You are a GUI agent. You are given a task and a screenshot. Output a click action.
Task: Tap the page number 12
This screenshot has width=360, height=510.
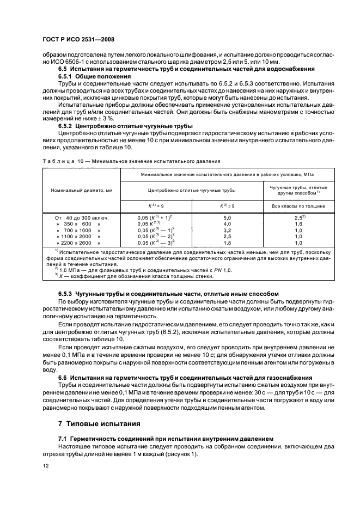pyautogui.click(x=46, y=465)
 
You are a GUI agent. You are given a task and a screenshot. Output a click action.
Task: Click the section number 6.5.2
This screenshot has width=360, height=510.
pyautogui.click(x=66, y=125)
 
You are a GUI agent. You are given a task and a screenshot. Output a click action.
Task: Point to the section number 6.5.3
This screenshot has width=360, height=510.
pyautogui.click(x=66, y=293)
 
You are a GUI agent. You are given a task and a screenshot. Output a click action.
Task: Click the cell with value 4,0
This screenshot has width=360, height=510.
pyautogui.click(x=228, y=223)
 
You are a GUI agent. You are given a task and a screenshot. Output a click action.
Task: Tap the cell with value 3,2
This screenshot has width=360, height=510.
pyautogui.click(x=228, y=230)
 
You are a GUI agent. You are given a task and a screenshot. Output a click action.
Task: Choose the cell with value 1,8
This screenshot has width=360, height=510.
pyautogui.click(x=228, y=243)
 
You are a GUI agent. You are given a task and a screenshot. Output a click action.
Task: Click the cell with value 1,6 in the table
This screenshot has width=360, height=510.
pyautogui.click(x=298, y=223)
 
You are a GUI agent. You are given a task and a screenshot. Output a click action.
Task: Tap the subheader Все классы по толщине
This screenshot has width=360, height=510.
pyautogui.click(x=298, y=206)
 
